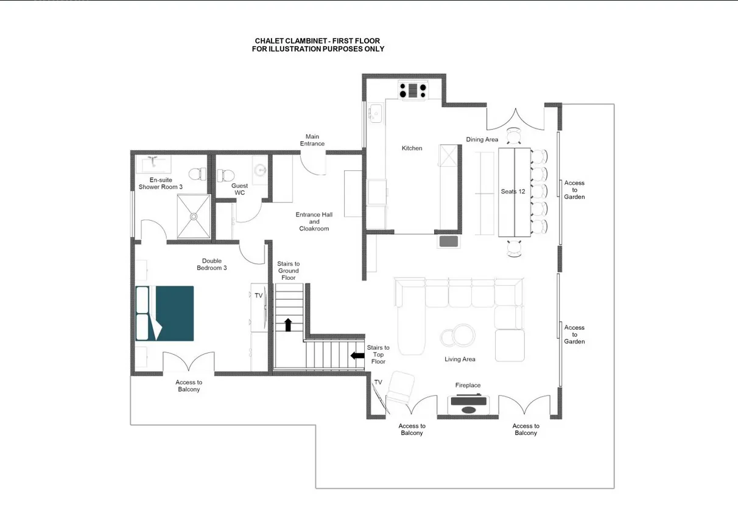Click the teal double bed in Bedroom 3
click(x=164, y=313)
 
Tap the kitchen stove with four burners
click(x=413, y=91)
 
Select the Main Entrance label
click(x=312, y=140)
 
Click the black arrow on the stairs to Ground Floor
click(x=288, y=325)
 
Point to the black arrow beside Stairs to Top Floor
click(x=357, y=356)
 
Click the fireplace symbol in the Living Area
click(x=468, y=405)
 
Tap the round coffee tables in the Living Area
click(x=458, y=336)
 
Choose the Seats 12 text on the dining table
click(x=513, y=192)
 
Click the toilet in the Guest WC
click(x=226, y=175)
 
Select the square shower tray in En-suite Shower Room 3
click(x=194, y=217)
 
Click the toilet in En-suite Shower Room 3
click(x=197, y=174)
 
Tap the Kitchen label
click(x=412, y=148)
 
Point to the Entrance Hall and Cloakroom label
click(x=314, y=221)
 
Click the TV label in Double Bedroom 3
click(x=259, y=296)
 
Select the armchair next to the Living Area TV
click(x=400, y=387)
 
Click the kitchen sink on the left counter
click(x=376, y=113)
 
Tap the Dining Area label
click(x=482, y=139)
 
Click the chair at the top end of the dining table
click(x=514, y=136)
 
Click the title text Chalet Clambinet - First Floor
click(x=317, y=41)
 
